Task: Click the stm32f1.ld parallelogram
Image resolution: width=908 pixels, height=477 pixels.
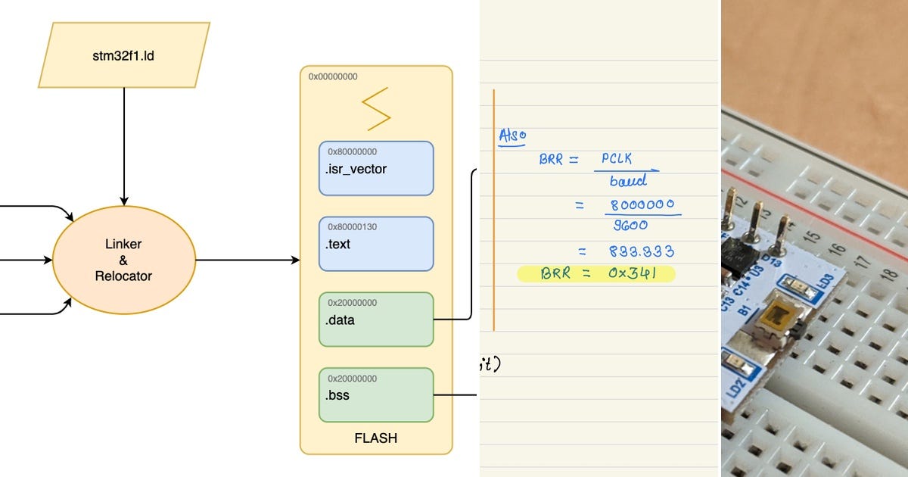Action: coord(124,55)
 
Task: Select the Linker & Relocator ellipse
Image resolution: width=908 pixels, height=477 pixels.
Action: coord(123,259)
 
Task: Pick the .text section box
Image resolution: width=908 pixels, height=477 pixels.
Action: coord(376,244)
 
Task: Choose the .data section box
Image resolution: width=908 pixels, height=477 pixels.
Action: coord(376,319)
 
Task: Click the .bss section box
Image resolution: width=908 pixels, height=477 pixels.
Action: coord(376,394)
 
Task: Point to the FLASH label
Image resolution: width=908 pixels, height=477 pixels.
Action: coord(375,438)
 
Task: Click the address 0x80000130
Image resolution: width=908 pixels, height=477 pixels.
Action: coord(353,227)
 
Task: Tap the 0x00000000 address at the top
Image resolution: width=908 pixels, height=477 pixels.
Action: coord(333,76)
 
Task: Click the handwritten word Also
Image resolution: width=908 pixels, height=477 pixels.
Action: coord(512,136)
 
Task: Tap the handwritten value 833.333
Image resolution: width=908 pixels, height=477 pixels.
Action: coord(642,251)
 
